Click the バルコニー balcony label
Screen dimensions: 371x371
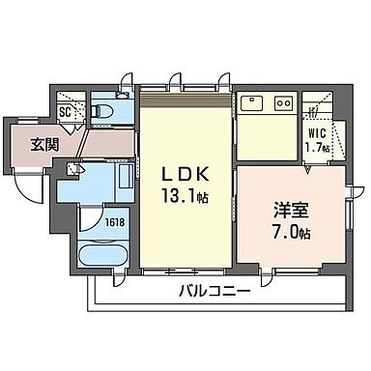pos(214,292)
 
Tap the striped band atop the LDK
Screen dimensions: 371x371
pos(186,93)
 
